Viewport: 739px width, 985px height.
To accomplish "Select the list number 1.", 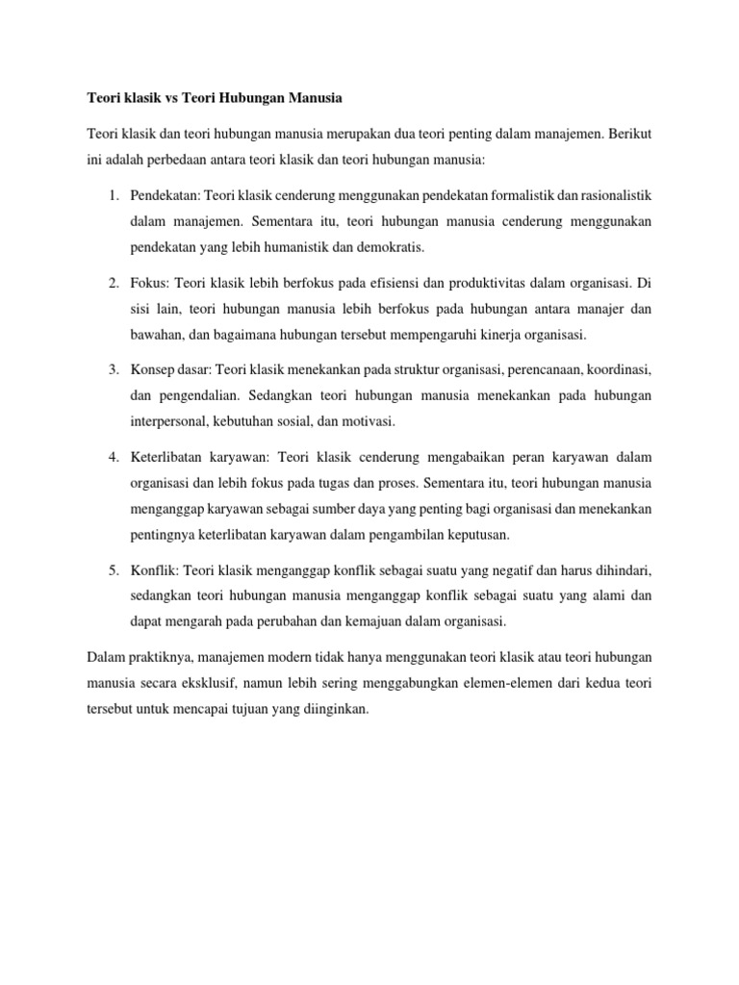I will (113, 195).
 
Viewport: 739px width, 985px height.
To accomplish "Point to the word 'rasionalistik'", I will (616, 195).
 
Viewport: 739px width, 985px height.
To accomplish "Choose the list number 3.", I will (113, 369).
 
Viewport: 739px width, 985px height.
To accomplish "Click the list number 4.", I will (113, 456).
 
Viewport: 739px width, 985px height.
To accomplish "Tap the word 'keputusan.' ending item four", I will (478, 533).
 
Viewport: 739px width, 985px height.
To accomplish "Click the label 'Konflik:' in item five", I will (155, 569).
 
